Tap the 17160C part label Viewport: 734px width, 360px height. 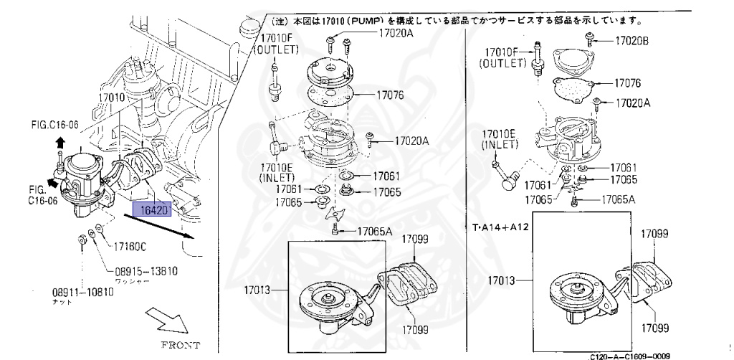coord(129,247)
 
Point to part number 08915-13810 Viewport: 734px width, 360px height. coord(146,271)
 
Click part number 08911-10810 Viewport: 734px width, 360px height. coord(82,293)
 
